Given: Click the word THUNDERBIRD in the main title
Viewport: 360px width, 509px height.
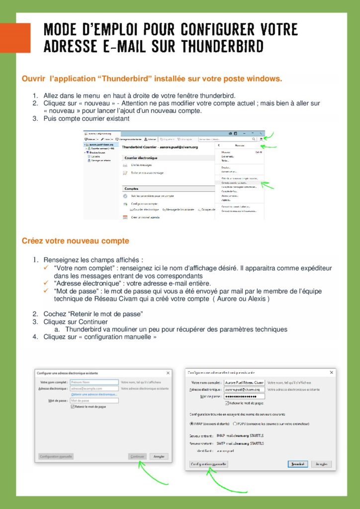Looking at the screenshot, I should pos(222,46).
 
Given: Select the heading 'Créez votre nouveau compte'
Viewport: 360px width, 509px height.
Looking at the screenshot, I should pos(75,241).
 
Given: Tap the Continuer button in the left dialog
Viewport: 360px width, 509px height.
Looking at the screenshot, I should pos(137,456).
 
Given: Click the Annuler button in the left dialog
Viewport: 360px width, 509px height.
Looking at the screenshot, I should pos(159,456).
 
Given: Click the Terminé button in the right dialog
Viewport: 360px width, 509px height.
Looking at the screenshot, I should pos(297,464).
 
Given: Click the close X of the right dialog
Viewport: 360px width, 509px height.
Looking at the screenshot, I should pos(332,372).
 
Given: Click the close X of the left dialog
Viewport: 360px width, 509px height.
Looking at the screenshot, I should pos(168,373).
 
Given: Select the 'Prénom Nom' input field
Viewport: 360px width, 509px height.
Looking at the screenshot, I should pos(94,382).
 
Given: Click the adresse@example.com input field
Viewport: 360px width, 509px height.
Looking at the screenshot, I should pos(94,388).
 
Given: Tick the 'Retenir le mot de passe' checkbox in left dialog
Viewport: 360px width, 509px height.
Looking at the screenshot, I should pos(72,407).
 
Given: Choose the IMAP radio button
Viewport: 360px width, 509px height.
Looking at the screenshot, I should pos(192,424).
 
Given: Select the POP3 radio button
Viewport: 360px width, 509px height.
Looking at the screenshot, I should pos(235,424).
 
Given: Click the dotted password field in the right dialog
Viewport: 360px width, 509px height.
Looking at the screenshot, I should pos(244,396).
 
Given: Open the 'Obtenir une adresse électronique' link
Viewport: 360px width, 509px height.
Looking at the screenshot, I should pos(94,394).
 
